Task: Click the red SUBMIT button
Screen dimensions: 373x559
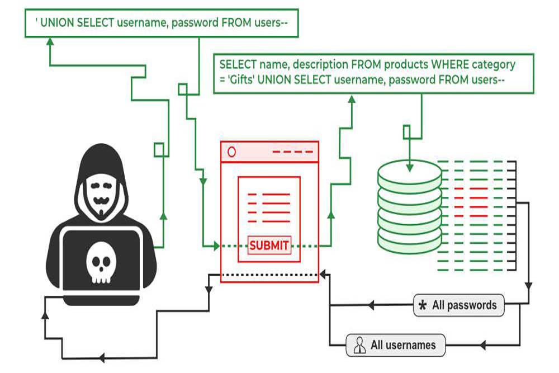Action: tap(269, 245)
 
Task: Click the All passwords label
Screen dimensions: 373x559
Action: tap(464, 305)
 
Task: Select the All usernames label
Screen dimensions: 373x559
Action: tap(402, 345)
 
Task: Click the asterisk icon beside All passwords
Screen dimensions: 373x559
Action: tap(423, 306)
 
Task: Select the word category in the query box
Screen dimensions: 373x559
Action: tap(487, 64)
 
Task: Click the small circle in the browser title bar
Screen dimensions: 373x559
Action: tap(231, 152)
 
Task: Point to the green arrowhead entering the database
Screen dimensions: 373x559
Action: tap(410, 166)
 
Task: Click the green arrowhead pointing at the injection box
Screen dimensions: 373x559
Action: tap(49, 42)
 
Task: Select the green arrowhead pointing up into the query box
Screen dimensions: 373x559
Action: tap(352, 99)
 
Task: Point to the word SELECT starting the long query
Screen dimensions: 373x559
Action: tap(238, 64)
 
